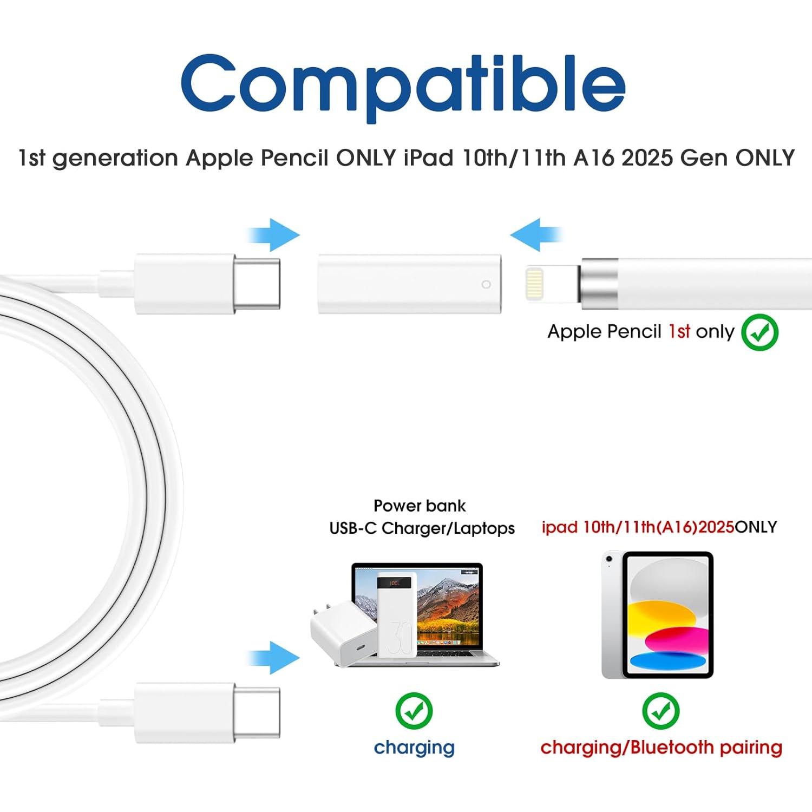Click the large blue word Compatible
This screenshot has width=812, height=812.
403,87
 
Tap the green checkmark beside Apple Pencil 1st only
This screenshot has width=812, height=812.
759,332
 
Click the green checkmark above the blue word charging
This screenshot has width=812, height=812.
414,710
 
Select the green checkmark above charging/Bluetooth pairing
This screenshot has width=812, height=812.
660,710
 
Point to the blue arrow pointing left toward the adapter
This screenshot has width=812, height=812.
536,235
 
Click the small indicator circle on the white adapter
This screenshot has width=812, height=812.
486,285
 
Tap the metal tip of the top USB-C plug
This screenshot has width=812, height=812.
257,284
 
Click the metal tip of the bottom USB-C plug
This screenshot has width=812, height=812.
257,712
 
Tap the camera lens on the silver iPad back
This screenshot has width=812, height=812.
610,559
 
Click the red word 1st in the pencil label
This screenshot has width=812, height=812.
679,331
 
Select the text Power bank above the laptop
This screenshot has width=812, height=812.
420,506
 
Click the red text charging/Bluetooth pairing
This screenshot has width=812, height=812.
661,748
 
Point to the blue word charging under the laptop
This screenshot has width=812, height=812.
414,748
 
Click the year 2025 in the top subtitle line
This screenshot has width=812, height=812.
647,158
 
